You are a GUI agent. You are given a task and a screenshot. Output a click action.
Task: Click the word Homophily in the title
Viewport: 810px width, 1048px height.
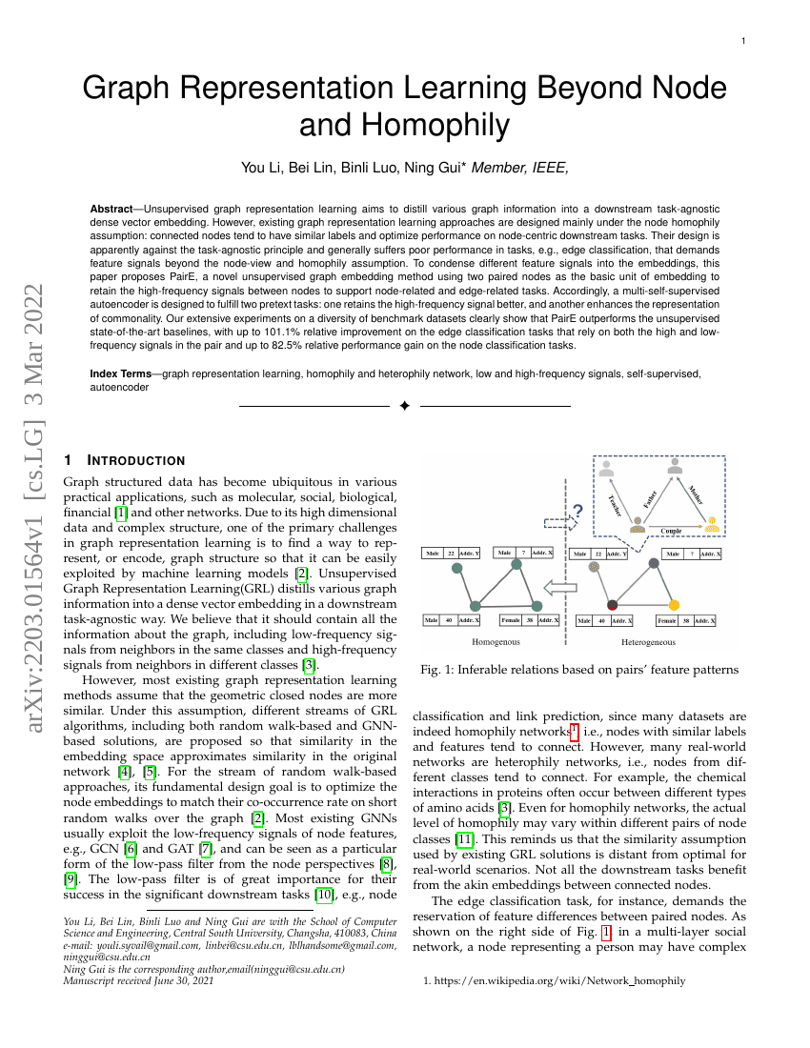pyautogui.click(x=404, y=125)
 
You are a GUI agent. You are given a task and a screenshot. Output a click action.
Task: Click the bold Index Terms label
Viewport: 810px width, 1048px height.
pyautogui.click(x=124, y=374)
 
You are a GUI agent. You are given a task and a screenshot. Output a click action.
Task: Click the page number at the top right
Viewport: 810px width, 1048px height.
pyautogui.click(x=743, y=41)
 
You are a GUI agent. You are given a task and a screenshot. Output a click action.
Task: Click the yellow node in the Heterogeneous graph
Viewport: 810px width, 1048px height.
pyautogui.click(x=674, y=605)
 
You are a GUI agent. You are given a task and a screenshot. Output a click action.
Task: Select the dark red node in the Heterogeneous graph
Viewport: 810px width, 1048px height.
pyautogui.click(x=613, y=605)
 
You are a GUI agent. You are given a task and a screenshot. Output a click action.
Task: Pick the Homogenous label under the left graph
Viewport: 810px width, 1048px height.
pyautogui.click(x=496, y=642)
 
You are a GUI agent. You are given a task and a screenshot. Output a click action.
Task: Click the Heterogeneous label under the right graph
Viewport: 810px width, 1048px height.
pyautogui.click(x=648, y=642)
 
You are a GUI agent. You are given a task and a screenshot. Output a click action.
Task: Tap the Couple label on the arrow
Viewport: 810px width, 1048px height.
pyautogui.click(x=671, y=531)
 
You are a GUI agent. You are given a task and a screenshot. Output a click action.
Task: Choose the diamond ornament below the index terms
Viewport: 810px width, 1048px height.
pyautogui.click(x=404, y=407)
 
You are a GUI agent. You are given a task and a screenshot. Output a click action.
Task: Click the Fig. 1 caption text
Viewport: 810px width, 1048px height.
pyautogui.click(x=579, y=670)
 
